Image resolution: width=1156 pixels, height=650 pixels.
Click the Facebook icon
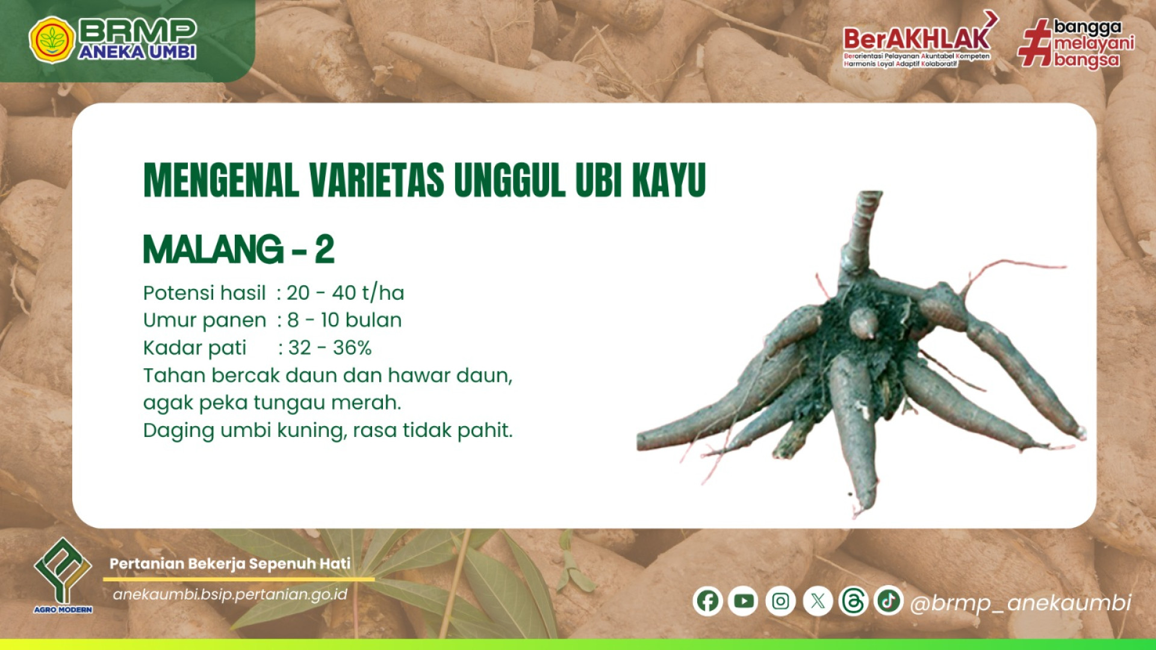tap(707, 601)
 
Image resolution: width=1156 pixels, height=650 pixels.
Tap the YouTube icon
tap(744, 601)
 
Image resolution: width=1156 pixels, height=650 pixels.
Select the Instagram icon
tap(780, 601)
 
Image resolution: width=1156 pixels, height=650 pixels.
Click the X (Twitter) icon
tap(818, 601)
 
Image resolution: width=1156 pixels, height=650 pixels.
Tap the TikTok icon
tap(889, 601)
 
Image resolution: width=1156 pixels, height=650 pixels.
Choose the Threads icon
tap(853, 601)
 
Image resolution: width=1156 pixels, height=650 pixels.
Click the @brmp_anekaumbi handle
tap(1021, 602)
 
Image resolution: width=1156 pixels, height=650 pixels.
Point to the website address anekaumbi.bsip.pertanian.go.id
tap(231, 595)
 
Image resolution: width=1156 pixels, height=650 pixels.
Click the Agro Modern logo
tap(63, 575)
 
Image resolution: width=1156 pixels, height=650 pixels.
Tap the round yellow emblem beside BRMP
tap(52, 40)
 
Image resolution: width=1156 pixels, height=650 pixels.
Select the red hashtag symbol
tap(1035, 42)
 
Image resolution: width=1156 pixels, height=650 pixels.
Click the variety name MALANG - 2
tap(238, 249)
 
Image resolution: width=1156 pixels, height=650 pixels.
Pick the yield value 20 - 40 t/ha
tap(345, 293)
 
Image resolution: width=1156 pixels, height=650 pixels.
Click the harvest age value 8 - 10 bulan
tap(344, 320)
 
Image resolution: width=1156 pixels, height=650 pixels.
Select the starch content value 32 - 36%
tap(330, 347)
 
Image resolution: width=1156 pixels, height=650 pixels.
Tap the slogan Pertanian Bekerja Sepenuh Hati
tap(230, 564)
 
